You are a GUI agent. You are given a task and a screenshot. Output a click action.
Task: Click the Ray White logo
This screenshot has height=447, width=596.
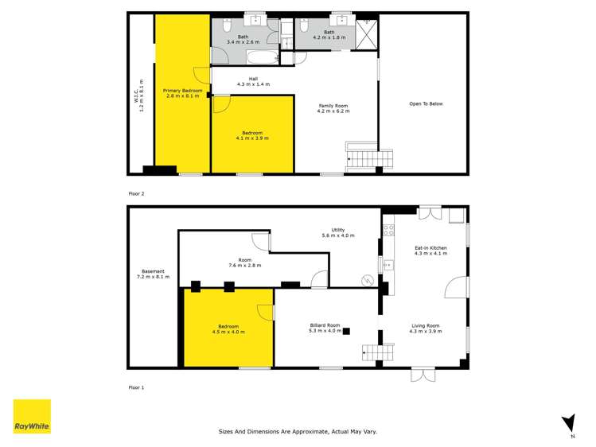coord(32,417)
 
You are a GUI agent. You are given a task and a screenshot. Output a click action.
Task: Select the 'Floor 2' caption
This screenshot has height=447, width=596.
coord(137,193)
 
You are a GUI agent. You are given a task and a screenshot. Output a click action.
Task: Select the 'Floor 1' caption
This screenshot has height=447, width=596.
coord(137,387)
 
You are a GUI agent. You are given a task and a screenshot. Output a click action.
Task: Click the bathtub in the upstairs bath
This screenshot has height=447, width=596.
coord(262,57)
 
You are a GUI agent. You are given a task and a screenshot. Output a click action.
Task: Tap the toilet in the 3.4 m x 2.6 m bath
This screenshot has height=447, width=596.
coord(228,24)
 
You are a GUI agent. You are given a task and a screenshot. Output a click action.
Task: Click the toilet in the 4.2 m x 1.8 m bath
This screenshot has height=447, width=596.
coord(306,23)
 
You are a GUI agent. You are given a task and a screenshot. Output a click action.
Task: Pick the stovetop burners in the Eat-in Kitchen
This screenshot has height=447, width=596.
coord(388,231)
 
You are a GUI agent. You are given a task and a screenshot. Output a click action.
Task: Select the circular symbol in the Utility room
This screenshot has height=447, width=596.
coord(367,280)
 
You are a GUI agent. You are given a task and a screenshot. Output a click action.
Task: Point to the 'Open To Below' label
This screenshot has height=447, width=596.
coord(426,103)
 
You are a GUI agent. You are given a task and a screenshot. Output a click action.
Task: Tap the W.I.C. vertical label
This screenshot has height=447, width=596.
coord(141,95)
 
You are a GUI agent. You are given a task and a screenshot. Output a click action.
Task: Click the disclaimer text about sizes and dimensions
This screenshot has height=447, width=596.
coord(298,431)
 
